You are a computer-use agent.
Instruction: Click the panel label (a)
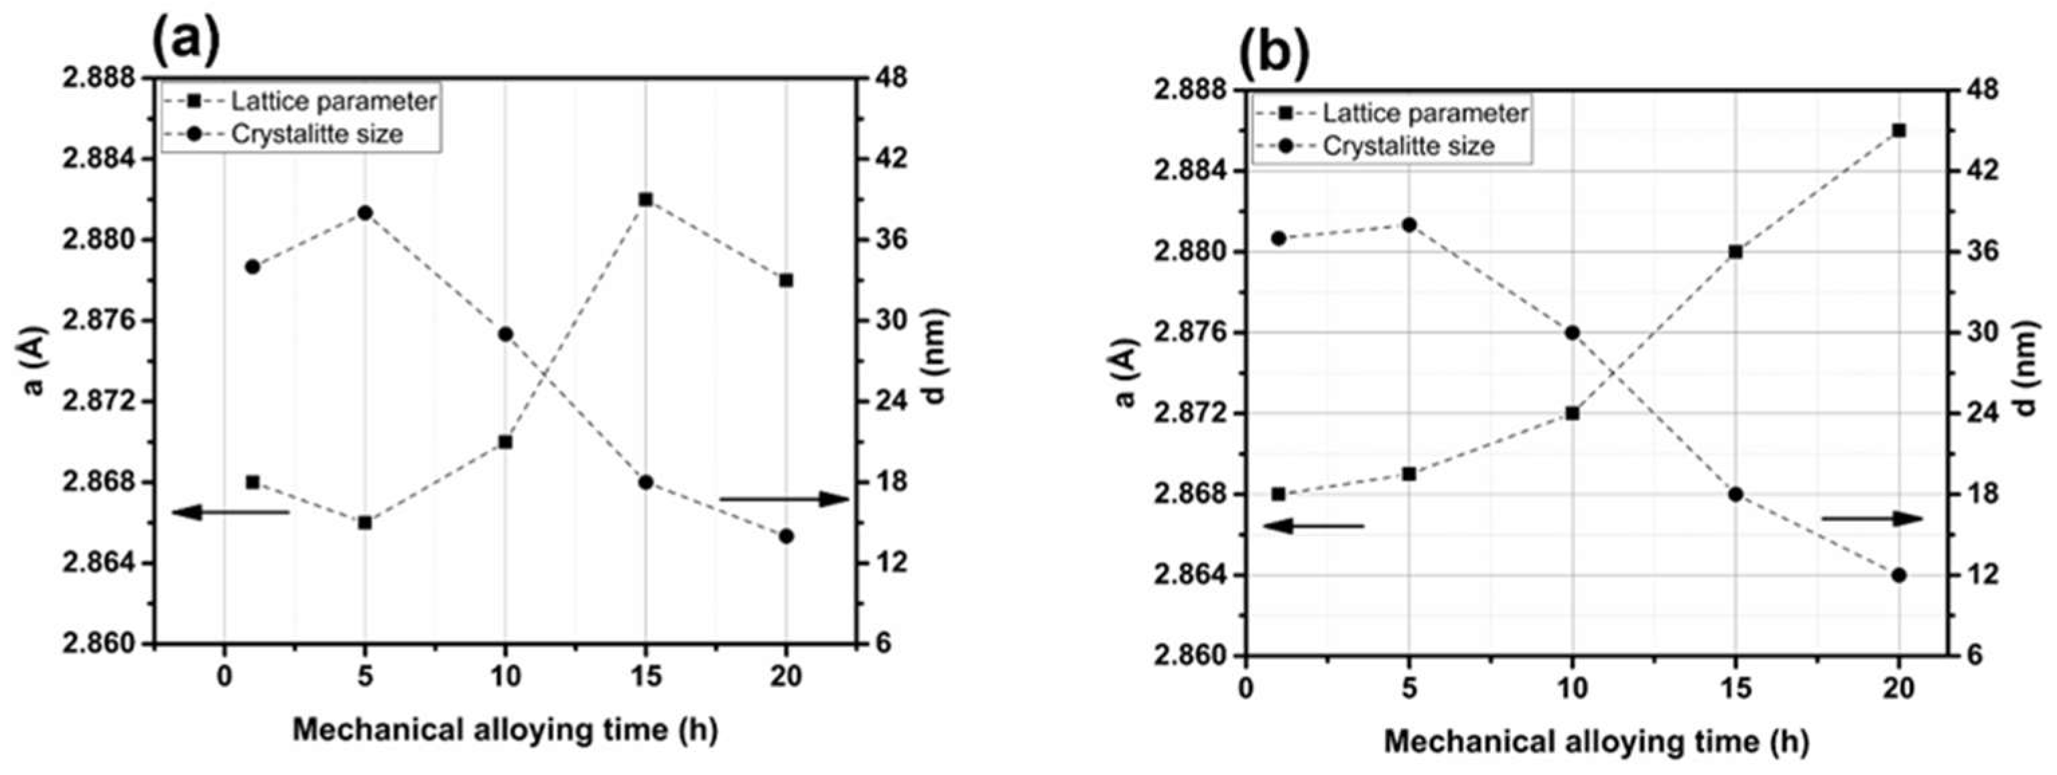184,39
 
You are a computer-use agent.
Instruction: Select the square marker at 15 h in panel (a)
646,200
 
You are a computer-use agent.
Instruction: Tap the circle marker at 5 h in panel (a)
365,213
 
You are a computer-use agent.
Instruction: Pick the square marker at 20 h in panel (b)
1899,131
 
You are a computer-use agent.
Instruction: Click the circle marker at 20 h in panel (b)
1899,575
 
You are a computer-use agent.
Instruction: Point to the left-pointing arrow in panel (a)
230,512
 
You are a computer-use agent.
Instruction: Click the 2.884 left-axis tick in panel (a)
100,159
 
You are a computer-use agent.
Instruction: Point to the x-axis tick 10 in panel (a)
505,677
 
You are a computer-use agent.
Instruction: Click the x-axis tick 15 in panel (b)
1735,688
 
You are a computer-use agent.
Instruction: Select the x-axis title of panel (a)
505,729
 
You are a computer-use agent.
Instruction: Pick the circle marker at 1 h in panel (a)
253,267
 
